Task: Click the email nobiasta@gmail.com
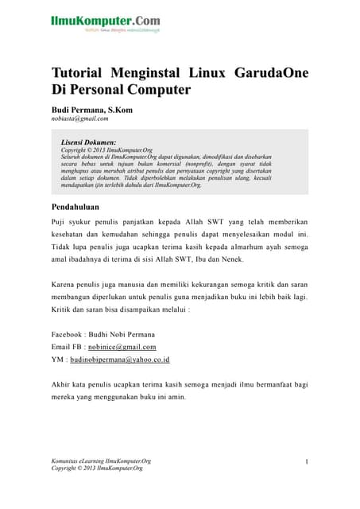pos(79,119)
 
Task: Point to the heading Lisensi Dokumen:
pos(89,141)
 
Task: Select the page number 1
pos(306,461)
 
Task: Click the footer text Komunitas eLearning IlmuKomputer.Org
pos(101,460)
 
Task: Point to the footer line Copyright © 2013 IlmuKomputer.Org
pos(97,468)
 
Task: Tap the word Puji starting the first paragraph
pos(59,222)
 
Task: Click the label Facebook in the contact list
pos(71,334)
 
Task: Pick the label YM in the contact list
pos(58,359)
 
